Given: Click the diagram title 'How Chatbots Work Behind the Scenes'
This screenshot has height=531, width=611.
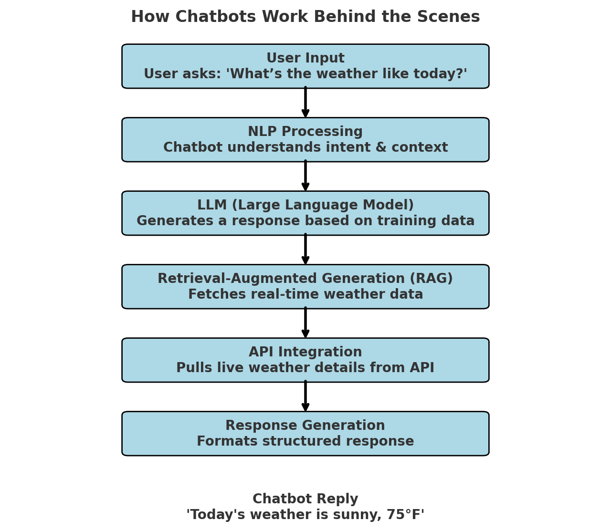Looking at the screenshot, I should click(305, 17).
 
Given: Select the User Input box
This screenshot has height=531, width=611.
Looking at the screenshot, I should click(305, 66).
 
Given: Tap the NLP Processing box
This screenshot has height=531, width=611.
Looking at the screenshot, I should click(305, 140).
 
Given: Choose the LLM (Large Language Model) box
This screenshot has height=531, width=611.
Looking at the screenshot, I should click(305, 213).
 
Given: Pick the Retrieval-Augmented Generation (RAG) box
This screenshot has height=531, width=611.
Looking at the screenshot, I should click(305, 287).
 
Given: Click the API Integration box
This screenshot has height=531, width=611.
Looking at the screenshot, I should click(305, 360).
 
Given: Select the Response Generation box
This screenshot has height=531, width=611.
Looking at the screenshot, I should click(305, 434).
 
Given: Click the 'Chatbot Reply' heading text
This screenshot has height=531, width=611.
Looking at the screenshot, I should click(305, 499).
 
